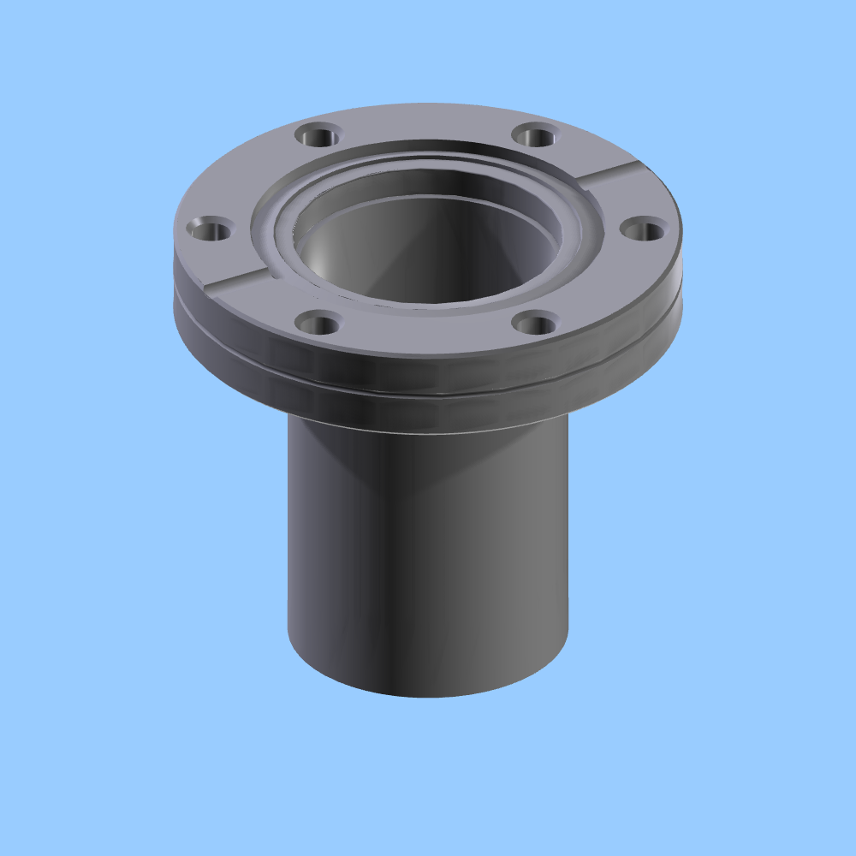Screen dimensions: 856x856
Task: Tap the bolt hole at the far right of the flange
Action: (x=642, y=229)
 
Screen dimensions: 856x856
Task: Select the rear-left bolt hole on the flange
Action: (x=318, y=135)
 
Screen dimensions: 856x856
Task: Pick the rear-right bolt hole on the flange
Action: (x=536, y=135)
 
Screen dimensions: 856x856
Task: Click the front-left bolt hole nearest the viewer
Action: (x=318, y=324)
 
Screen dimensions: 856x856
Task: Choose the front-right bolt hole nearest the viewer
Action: (x=536, y=324)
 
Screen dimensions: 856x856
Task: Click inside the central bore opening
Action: (x=428, y=248)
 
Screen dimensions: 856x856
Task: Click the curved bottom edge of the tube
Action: (x=428, y=695)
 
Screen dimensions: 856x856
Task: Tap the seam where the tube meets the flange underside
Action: (x=428, y=431)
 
